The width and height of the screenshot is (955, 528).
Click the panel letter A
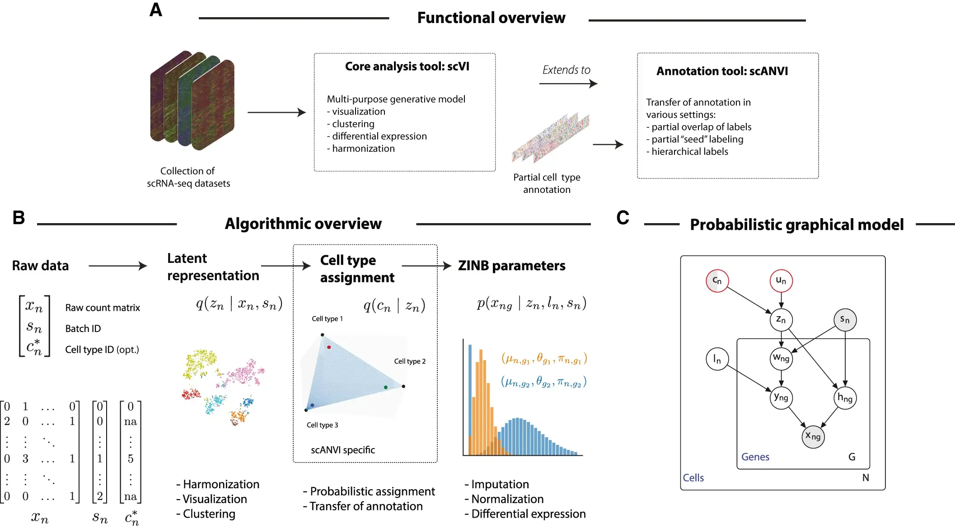pos(155,10)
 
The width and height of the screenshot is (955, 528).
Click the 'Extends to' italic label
pos(566,70)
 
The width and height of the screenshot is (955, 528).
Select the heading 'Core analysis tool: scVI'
pos(407,66)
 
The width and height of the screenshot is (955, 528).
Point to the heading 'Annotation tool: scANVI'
pos(722,71)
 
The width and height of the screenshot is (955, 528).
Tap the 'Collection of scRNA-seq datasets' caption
pos(188,177)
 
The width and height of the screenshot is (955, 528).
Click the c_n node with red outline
pos(717,280)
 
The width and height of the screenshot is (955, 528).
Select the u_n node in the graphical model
pos(781,280)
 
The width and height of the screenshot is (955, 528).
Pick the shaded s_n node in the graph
pos(845,320)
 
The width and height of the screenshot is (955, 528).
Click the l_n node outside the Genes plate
pos(717,359)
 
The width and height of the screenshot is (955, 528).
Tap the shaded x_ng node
pos(813,436)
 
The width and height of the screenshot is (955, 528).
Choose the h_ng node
pos(845,398)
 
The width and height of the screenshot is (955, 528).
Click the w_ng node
pos(781,359)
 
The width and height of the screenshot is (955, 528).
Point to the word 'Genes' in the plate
pos(755,457)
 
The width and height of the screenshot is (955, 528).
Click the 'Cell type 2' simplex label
pos(410,361)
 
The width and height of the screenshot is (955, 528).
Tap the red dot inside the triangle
pos(329,347)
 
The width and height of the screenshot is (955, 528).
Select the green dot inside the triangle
pos(385,387)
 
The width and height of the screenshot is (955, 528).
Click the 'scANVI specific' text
pos(343,450)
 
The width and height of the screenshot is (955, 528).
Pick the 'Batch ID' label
pos(83,328)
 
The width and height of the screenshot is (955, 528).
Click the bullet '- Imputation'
pos(497,484)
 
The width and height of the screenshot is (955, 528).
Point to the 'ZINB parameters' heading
pos(511,266)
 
